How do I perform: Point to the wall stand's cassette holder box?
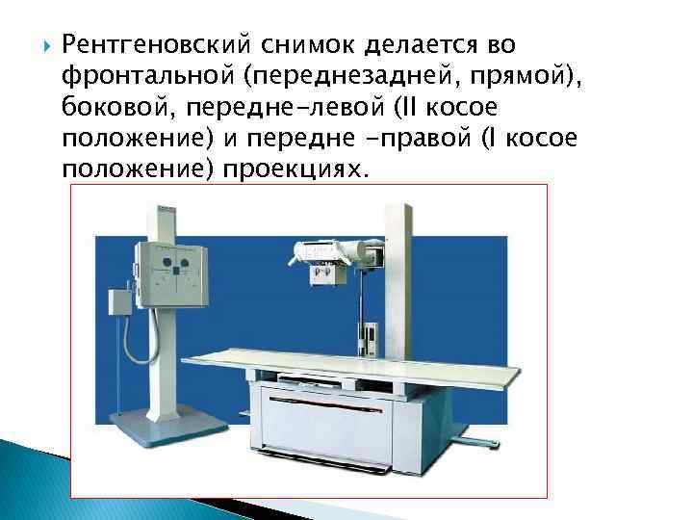(171, 273)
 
